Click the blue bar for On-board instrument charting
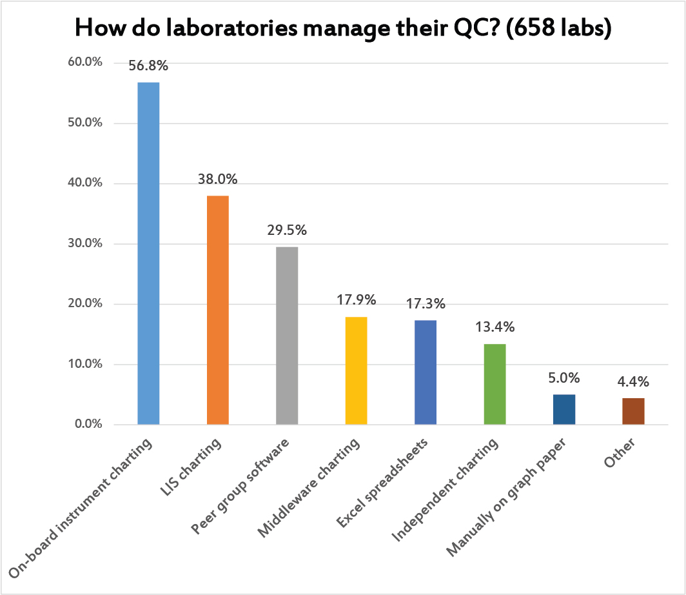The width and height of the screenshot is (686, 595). (x=148, y=254)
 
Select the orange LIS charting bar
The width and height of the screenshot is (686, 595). (x=217, y=310)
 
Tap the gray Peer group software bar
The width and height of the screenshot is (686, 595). (x=287, y=336)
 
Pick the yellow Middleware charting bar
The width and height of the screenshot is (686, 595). (x=356, y=370)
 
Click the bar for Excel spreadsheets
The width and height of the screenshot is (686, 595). (x=426, y=372)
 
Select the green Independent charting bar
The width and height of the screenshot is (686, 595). (x=495, y=384)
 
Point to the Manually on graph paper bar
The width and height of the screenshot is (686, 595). (x=564, y=410)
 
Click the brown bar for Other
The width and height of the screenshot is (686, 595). (x=633, y=412)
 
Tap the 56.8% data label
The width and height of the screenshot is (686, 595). (x=148, y=66)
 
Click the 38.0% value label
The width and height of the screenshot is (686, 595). (x=217, y=179)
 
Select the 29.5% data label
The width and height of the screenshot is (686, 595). (x=287, y=230)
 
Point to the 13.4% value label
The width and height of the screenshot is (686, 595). (x=495, y=327)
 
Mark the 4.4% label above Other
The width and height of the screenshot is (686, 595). (x=633, y=382)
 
